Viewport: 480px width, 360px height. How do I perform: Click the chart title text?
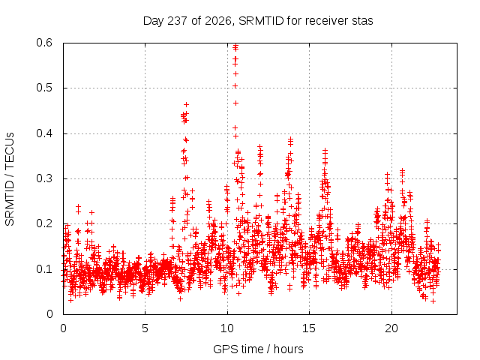click(258, 21)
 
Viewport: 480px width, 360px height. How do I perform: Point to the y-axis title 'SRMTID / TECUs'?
click(10, 179)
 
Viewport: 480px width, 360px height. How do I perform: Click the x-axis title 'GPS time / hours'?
click(258, 349)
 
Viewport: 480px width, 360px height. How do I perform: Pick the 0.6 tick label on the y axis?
click(44, 43)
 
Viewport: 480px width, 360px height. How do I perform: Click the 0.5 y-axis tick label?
click(44, 88)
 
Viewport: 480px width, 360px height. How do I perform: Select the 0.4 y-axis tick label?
click(44, 133)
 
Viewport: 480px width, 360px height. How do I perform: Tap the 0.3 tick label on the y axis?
click(44, 178)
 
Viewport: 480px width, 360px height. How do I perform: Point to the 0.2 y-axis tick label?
click(44, 223)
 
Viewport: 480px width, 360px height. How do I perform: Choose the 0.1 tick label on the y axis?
click(44, 269)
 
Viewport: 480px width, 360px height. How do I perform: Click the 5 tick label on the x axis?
click(145, 328)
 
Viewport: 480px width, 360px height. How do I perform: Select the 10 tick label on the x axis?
click(227, 328)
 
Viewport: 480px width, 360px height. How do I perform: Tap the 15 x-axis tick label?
click(309, 328)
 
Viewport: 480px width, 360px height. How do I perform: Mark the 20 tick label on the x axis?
click(391, 328)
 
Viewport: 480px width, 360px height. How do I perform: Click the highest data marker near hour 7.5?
click(186, 105)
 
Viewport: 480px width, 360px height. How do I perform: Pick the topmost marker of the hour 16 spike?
click(325, 150)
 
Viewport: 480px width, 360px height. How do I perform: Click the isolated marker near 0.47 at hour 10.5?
click(235, 103)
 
